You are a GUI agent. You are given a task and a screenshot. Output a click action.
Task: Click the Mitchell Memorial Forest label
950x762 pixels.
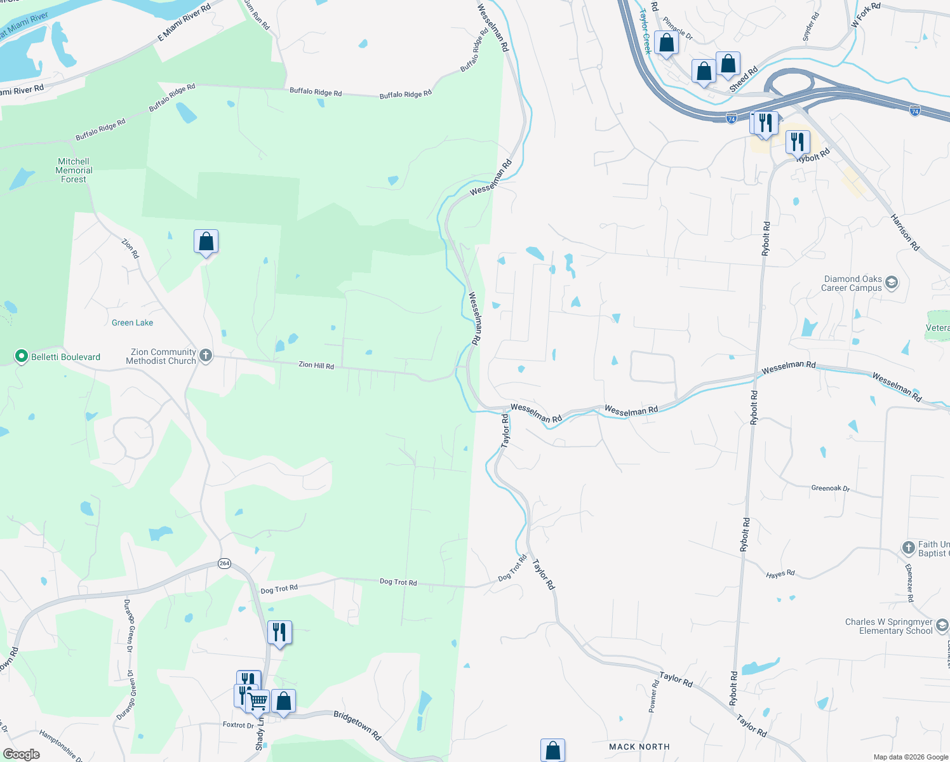[x=74, y=170]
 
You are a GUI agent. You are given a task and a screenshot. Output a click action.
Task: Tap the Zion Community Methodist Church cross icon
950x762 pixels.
[x=206, y=356]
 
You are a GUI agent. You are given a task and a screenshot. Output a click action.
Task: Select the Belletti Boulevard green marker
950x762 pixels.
[x=21, y=356]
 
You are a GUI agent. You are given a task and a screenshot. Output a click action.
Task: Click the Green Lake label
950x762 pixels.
[x=132, y=323]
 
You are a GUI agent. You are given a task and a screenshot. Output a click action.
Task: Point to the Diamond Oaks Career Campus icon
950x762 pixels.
[x=891, y=283]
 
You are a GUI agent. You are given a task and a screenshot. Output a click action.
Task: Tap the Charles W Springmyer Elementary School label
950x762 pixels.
[x=888, y=626]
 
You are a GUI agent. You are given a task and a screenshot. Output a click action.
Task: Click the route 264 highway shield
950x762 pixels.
[x=224, y=563]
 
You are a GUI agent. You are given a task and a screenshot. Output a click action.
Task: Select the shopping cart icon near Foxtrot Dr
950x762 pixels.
[x=258, y=701]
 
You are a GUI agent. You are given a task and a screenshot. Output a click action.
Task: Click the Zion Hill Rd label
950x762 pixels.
[x=316, y=365]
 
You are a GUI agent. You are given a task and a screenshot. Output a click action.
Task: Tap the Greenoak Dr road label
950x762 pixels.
[x=830, y=488]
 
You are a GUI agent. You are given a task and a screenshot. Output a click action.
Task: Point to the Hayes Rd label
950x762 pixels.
[x=780, y=574]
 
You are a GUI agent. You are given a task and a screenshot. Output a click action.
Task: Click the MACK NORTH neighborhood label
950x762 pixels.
[x=639, y=747]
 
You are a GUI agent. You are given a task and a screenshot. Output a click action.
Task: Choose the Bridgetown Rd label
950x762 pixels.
[x=357, y=725]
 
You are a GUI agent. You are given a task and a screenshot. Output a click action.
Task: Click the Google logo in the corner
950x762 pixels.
[x=22, y=754]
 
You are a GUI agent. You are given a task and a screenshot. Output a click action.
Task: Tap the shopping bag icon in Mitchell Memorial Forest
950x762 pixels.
[x=206, y=241]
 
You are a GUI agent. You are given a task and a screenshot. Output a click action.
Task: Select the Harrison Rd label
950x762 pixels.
[x=905, y=232]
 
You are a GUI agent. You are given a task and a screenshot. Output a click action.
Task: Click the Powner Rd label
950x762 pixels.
[x=654, y=696]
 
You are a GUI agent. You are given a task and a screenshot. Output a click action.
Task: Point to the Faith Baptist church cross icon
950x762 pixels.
[x=908, y=547]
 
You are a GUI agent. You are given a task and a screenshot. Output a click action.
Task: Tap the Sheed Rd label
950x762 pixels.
[x=744, y=79]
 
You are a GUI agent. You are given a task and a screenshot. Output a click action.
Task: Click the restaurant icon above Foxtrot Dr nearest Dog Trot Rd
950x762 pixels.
[x=279, y=632]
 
